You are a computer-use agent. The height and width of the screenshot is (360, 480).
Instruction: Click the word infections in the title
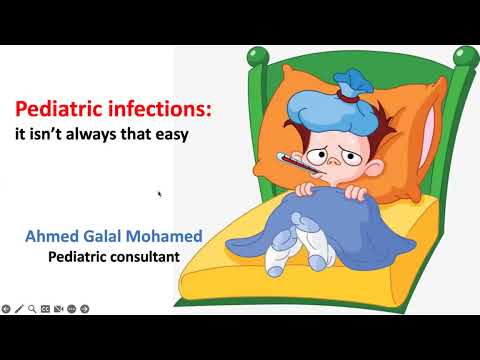159,109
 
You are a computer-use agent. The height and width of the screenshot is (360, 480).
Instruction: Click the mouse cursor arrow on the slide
160,194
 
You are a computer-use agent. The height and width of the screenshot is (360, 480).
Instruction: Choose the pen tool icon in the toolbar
20,308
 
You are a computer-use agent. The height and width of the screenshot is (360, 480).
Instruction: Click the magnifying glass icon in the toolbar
33,308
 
